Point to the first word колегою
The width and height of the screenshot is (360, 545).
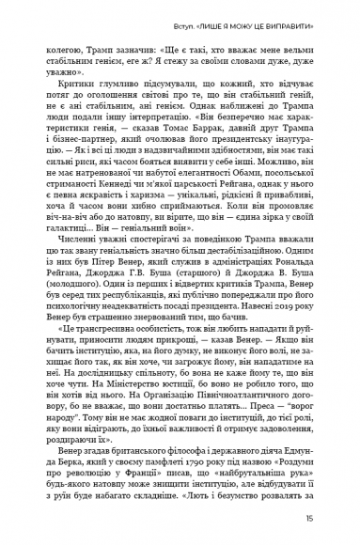pos(66,44)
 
